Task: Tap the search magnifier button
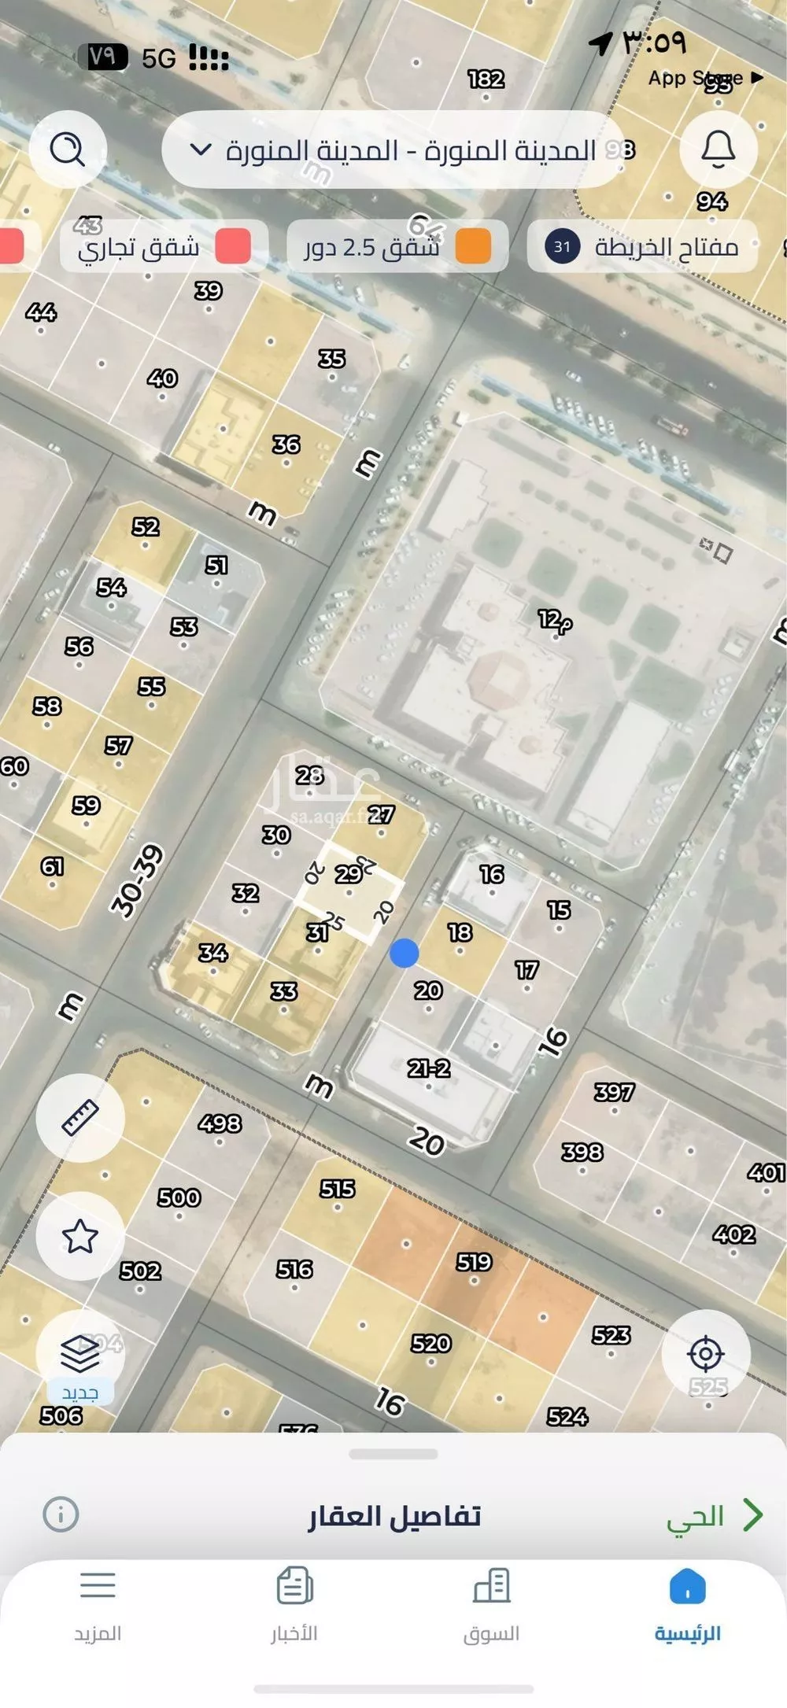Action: coord(68,149)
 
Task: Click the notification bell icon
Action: coord(718,149)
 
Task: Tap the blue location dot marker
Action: coord(404,954)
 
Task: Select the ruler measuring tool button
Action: coord(80,1118)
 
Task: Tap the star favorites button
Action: coord(80,1236)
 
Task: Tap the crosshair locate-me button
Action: coord(705,1354)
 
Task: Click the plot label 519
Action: coord(474,1262)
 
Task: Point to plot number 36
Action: coord(286,445)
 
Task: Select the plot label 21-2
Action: coord(428,1068)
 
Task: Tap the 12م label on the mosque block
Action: coord(555,621)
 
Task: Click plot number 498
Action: coord(220,1123)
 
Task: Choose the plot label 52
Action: coord(145,526)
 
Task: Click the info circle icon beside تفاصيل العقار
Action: coord(61,1514)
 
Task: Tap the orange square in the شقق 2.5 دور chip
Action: coord(472,246)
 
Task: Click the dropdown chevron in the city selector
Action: coord(201,149)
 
